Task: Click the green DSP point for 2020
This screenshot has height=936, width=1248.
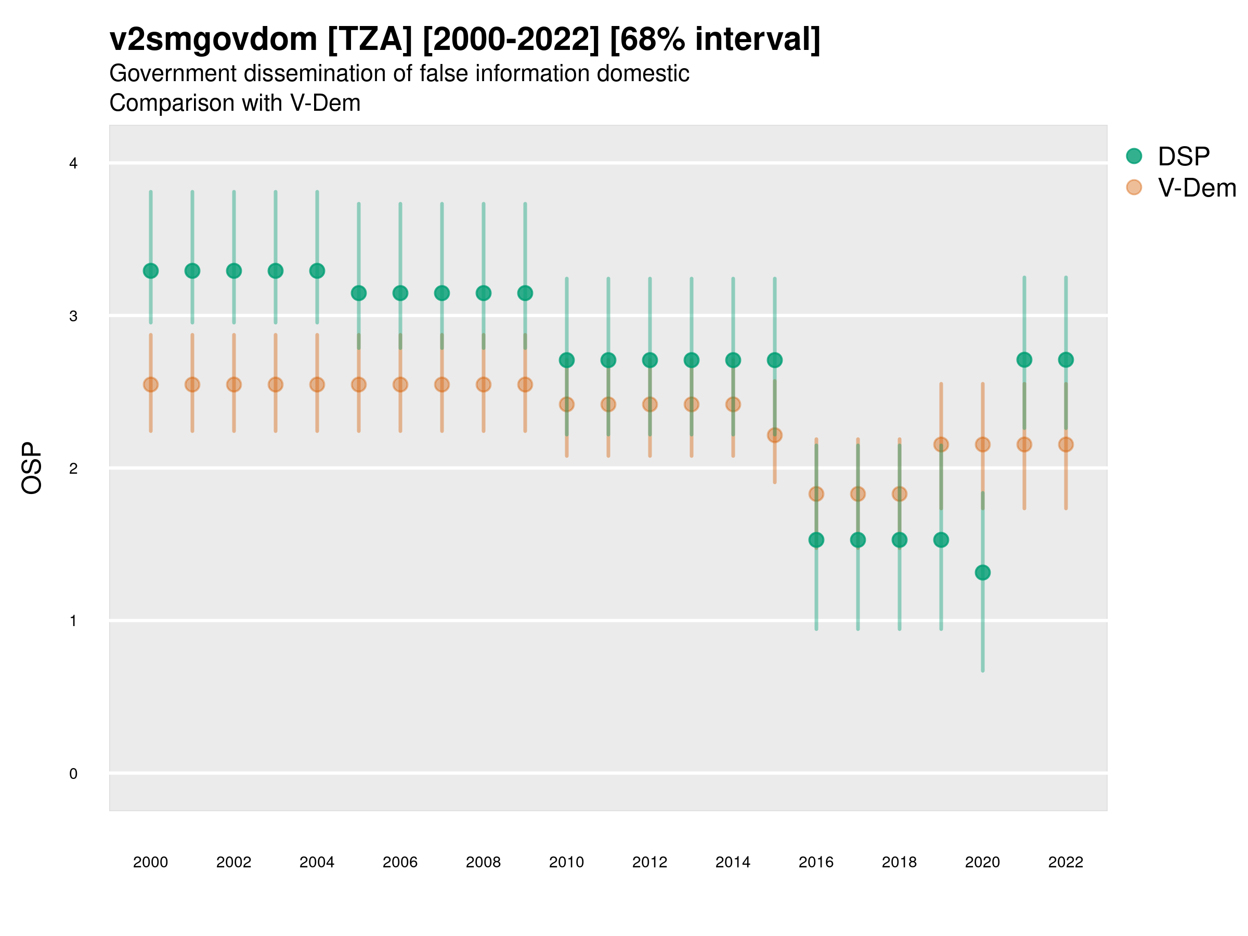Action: [x=982, y=573]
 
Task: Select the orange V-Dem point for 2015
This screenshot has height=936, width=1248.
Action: [x=775, y=435]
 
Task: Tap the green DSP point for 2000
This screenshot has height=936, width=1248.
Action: [x=151, y=271]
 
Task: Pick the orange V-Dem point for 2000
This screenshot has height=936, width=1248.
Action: [x=151, y=385]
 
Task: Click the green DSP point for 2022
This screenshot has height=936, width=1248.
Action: [x=1066, y=359]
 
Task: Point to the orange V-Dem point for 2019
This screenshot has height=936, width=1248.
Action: [x=941, y=445]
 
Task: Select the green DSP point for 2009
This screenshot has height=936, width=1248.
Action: [x=525, y=293]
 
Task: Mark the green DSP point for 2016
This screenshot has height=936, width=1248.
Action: [x=816, y=540]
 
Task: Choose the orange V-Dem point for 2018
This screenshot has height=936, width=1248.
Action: [x=899, y=494]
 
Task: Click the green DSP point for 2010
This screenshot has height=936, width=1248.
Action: [x=566, y=360]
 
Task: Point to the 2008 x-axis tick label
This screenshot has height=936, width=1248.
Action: [x=484, y=862]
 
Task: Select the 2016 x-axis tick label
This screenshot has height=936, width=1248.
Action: [x=816, y=862]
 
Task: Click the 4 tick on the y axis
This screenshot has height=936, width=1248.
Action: [x=73, y=164]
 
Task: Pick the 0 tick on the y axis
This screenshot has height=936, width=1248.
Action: [x=73, y=774]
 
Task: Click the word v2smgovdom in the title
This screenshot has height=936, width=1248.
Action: [x=213, y=40]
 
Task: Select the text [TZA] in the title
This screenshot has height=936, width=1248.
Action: [x=370, y=40]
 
